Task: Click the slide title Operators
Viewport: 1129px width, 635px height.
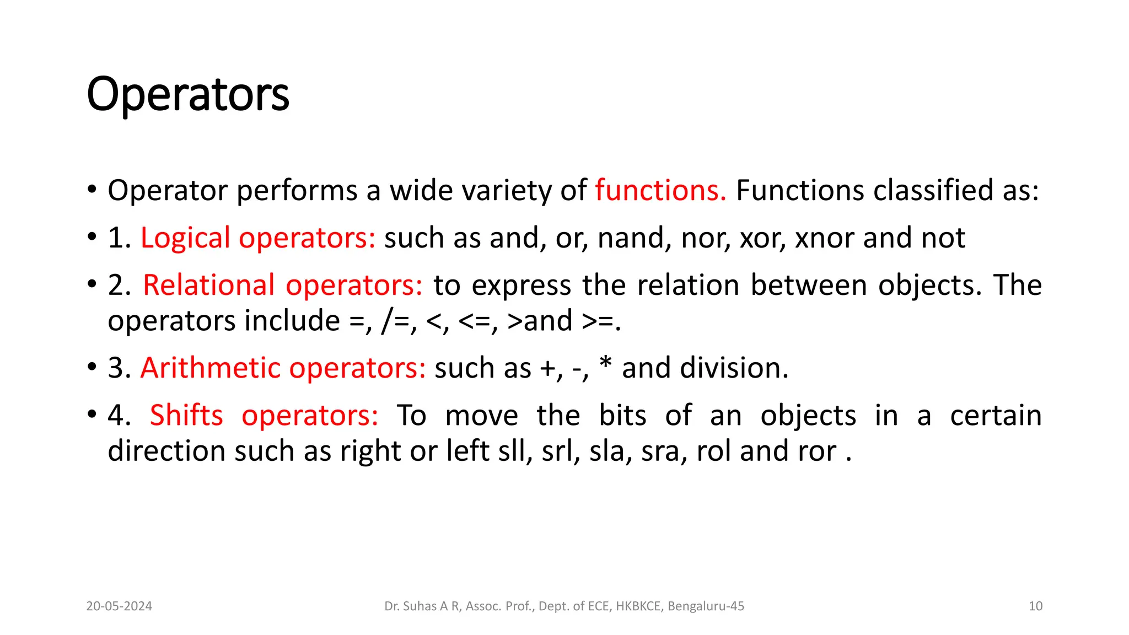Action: [188, 95]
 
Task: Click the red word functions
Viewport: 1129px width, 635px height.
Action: [660, 191]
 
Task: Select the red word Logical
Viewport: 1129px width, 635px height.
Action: [185, 239]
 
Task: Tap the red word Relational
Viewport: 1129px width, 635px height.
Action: [208, 286]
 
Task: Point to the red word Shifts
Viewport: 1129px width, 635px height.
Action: [186, 416]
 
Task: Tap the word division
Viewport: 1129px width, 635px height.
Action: [734, 368]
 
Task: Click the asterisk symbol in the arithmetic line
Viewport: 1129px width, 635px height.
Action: [605, 364]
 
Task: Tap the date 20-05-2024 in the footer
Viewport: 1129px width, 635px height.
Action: [119, 606]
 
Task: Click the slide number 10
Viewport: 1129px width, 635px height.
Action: [1035, 606]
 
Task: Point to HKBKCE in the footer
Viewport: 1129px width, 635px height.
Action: [638, 606]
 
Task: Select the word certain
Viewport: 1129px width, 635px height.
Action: [996, 416]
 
